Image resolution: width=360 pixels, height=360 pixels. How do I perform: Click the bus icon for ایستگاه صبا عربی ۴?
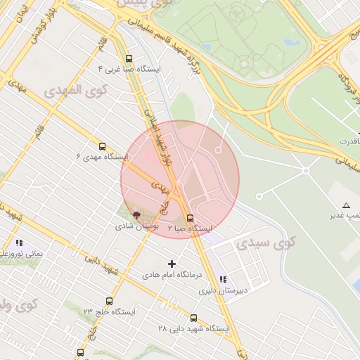(x=128, y=59)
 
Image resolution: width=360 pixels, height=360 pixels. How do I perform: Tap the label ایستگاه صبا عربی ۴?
(x=134, y=70)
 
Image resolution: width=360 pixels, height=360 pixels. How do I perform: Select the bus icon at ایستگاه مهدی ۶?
(x=102, y=147)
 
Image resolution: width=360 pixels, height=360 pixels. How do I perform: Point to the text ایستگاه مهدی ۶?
(x=102, y=157)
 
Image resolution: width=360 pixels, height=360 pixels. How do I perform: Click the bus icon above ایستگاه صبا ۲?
(x=190, y=218)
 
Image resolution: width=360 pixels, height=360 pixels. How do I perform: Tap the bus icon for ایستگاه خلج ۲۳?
(x=108, y=300)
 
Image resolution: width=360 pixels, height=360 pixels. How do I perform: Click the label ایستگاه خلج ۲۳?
(x=109, y=311)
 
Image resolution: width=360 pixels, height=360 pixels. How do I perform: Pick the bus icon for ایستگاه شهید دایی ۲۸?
(x=194, y=317)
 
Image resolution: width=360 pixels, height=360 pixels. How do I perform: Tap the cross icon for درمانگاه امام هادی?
(x=172, y=264)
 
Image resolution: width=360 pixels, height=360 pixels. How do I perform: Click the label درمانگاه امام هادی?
(x=172, y=274)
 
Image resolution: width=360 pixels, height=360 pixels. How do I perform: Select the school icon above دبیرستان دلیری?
(x=223, y=279)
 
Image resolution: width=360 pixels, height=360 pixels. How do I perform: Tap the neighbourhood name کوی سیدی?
(x=266, y=243)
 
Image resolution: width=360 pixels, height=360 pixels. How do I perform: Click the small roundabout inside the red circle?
(x=218, y=150)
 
